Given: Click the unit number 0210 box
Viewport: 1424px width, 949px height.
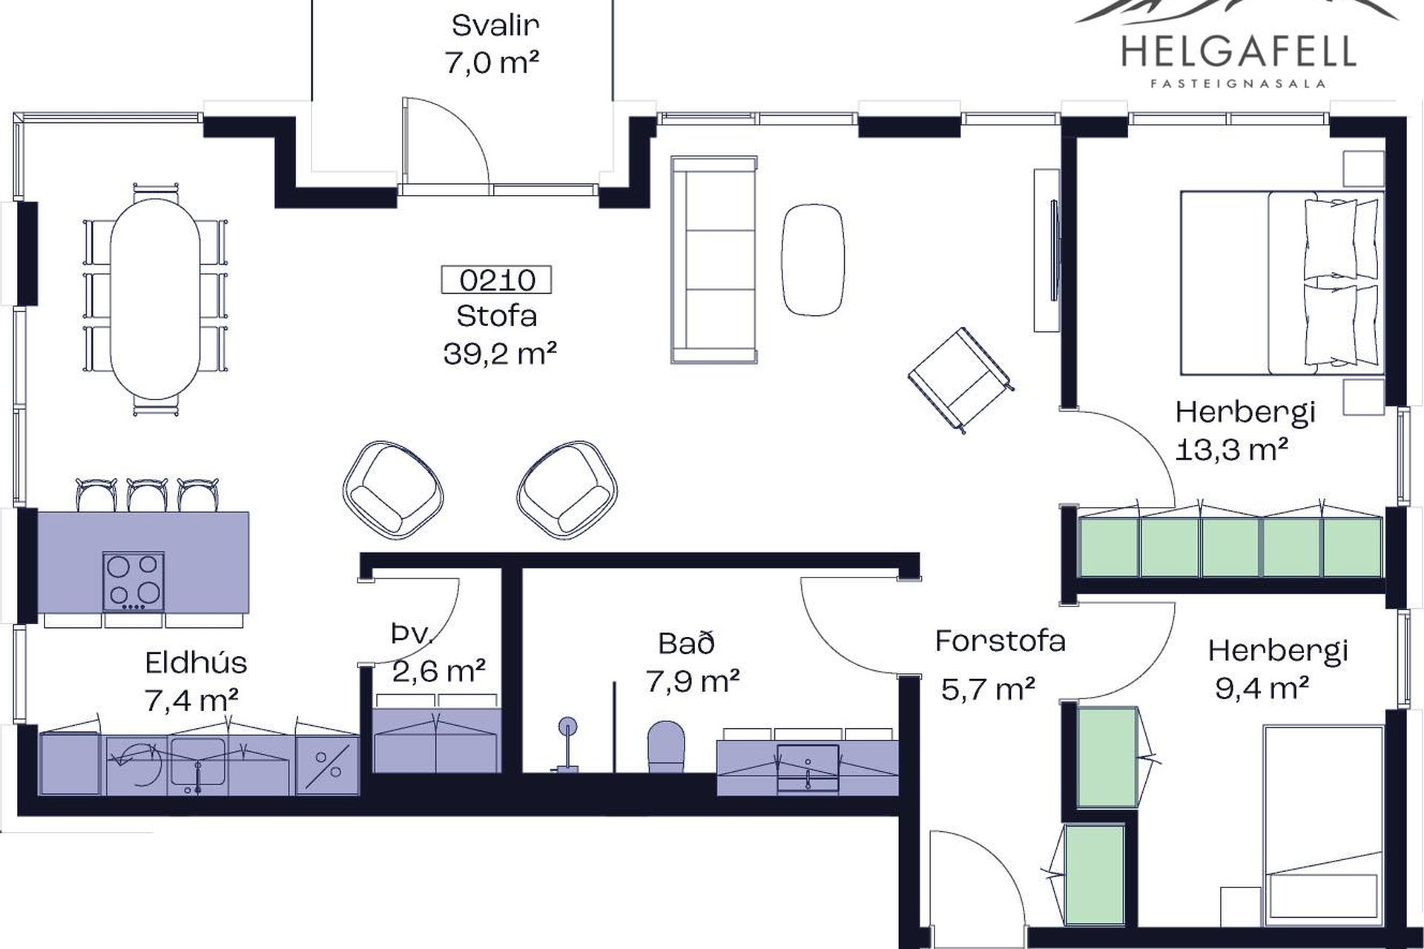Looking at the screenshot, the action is pos(496,280).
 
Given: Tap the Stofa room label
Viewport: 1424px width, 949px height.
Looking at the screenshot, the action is pos(497,317).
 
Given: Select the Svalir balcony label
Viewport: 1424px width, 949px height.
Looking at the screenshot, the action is pos(495,26).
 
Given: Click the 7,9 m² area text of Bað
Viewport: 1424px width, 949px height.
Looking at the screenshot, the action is pos(692,681).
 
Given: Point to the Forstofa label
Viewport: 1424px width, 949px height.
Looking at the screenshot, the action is pos(1000,641).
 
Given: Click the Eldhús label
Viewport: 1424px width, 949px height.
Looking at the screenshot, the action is pos(196,662).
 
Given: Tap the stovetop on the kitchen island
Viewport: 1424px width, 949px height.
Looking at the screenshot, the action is pos(133,581).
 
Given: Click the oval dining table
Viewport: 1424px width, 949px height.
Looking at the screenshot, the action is pos(154,299).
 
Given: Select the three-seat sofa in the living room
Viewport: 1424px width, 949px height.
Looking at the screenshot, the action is pos(713,259).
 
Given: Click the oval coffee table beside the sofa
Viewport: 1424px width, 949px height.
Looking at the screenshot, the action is pos(813,259).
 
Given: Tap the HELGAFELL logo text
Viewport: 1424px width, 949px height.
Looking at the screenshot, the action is pos(1239,51).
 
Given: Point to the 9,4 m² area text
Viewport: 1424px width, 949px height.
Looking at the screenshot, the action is pos(1261,689).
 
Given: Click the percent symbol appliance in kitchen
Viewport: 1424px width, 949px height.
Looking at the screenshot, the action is pos(327,766).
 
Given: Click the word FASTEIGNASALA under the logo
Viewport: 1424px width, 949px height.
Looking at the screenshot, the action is pos(1239,84).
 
